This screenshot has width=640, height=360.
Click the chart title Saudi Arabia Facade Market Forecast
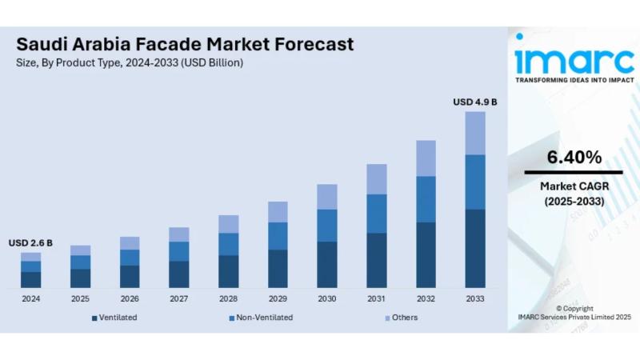(184, 44)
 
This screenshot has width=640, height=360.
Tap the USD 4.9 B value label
(475, 102)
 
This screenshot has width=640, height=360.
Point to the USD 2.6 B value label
(31, 242)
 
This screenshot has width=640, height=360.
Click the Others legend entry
(404, 318)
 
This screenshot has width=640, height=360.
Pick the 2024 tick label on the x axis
(31, 298)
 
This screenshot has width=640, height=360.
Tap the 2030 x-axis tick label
(327, 298)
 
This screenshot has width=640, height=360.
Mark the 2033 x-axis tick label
(475, 298)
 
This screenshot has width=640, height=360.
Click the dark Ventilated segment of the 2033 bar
(475, 248)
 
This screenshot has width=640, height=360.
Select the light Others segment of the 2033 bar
(475, 133)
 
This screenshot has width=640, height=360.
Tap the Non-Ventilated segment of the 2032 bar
(426, 199)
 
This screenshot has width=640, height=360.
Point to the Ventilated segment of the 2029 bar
(278, 269)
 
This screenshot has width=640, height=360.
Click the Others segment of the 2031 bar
(376, 179)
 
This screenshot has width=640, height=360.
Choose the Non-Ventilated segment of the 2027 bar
(179, 251)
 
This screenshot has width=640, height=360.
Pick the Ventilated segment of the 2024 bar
(31, 279)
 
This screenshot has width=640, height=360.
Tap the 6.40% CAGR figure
(574, 158)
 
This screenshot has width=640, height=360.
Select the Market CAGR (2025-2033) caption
(574, 194)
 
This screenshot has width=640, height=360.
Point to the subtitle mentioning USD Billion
(130, 62)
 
